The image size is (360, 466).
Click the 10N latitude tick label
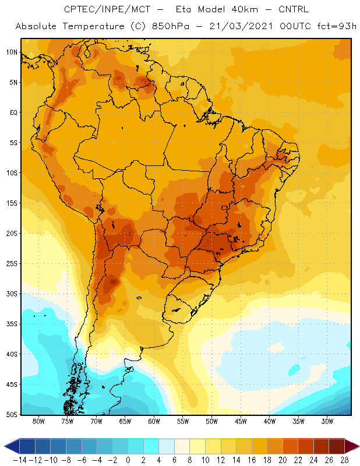pos(12,52)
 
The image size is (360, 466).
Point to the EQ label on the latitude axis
pos(13,112)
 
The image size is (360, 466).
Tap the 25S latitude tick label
pos(12,264)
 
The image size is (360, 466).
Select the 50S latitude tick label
pos(12,415)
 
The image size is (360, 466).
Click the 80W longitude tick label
pos(38,421)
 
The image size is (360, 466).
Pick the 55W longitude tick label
pos(183,421)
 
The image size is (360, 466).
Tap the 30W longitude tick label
pos(327,421)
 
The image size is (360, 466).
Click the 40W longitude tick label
pos(269,421)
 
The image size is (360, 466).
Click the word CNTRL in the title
pos(294,9)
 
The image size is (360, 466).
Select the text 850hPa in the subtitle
pos(170,26)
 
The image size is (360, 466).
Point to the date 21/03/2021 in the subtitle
pos(241,26)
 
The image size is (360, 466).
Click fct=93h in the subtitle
pos(337,26)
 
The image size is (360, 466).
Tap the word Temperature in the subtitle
pos(94,26)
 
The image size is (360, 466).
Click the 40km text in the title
pos(245,9)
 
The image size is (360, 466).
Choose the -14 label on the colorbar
pos(20,460)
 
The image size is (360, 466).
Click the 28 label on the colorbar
pos(344,460)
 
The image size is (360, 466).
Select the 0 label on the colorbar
pos(128,460)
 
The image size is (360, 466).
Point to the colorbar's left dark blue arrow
pos(12,446)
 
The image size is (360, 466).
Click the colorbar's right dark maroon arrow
pos(352,446)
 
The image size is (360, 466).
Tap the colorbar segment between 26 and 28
pos(337,446)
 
